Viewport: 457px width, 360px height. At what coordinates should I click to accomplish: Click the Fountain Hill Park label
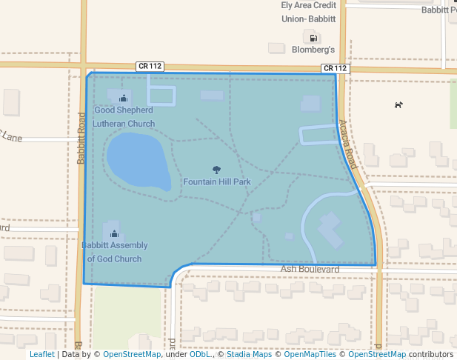(x=216, y=181)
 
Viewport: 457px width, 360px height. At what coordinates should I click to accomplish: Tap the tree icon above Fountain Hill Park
(x=216, y=170)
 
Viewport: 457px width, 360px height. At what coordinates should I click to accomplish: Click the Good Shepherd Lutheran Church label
(x=124, y=117)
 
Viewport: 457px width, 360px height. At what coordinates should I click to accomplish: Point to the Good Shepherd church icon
(x=124, y=98)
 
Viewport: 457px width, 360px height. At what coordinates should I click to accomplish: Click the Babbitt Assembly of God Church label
(x=114, y=252)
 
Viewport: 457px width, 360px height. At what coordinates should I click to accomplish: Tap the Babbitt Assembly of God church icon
(x=114, y=234)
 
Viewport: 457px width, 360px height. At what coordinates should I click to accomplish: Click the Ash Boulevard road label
(x=310, y=269)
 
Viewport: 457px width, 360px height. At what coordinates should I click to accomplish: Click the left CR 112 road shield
(x=150, y=66)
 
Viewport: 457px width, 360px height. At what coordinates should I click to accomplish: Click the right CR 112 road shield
(x=335, y=68)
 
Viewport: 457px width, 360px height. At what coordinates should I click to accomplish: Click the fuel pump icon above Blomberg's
(x=313, y=37)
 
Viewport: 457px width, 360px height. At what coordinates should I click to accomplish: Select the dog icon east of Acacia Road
(x=398, y=104)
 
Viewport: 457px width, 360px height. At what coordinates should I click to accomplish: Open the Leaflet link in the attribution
(x=41, y=355)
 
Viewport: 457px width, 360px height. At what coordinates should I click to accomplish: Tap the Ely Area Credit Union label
(x=309, y=11)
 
